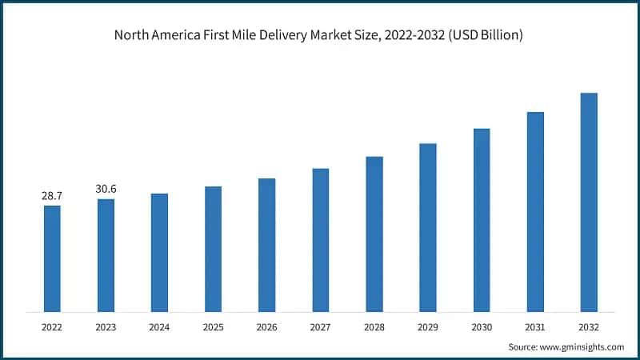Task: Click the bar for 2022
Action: tap(52, 258)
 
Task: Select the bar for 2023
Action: tap(106, 255)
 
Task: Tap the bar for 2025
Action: tap(213, 249)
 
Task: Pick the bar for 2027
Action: tap(321, 240)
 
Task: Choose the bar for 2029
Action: tap(428, 227)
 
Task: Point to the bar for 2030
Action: tap(482, 220)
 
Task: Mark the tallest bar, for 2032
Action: tap(589, 202)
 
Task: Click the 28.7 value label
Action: tap(52, 195)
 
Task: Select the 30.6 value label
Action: tap(106, 189)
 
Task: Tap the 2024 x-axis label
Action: tap(159, 327)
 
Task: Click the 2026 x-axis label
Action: tap(266, 327)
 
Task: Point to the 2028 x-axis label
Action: tap(374, 327)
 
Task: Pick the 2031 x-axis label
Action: tap(535, 327)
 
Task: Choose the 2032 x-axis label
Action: tap(589, 327)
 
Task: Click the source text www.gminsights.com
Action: tap(582, 346)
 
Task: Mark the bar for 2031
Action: tap(535, 212)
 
